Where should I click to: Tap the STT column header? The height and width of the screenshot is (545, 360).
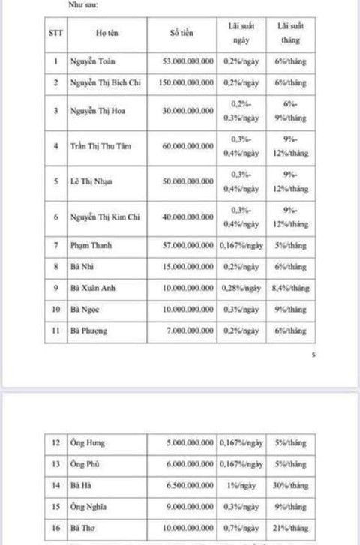55,34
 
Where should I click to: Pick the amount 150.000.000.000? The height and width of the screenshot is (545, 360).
187,82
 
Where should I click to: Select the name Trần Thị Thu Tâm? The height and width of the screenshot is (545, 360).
100,146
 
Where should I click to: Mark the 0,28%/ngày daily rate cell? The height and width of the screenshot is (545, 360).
241,288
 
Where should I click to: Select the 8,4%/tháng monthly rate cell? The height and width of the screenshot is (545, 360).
291,288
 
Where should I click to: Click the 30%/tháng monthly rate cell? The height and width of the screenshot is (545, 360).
291,485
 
